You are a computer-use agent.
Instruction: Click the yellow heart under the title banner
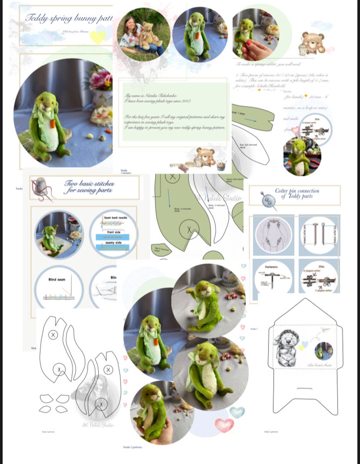pyautogui.click(x=98, y=37)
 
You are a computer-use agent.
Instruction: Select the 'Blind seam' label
pyautogui.click(x=57, y=279)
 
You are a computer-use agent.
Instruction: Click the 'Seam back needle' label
pyautogui.click(x=116, y=218)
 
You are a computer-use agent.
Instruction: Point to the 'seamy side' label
pyautogui.click(x=114, y=242)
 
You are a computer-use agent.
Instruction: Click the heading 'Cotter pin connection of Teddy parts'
pyautogui.click(x=297, y=193)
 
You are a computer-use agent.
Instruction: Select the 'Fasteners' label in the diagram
pyautogui.click(x=271, y=267)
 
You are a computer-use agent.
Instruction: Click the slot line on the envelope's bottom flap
pyautogui.click(x=305, y=388)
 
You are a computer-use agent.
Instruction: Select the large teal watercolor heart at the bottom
pyautogui.click(x=237, y=412)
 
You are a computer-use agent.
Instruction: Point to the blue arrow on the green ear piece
pyautogui.click(x=250, y=120)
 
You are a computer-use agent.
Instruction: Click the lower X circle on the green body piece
pyautogui.click(x=189, y=230)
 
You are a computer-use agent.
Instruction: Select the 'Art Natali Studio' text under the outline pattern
pyautogui.click(x=98, y=425)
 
